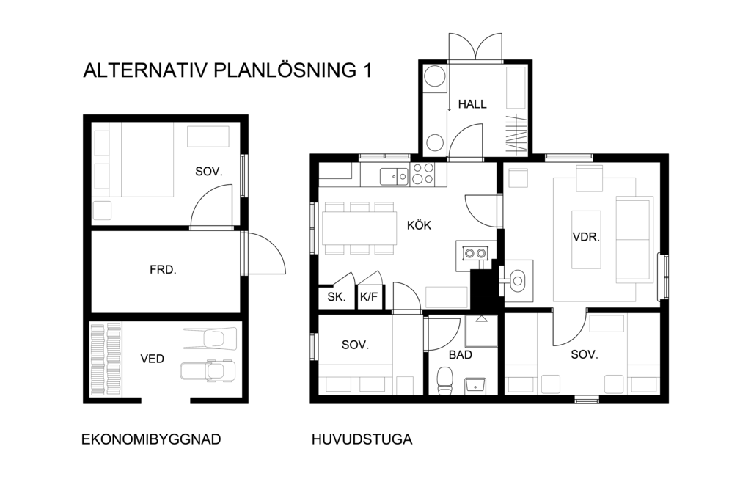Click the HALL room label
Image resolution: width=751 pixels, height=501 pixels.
click(x=472, y=104)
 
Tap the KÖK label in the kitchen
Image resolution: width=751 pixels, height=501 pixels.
click(x=419, y=224)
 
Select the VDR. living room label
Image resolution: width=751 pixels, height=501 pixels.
click(x=586, y=237)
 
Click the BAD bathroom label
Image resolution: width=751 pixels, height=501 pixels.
click(x=461, y=355)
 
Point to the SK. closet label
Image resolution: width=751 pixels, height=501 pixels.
click(x=337, y=297)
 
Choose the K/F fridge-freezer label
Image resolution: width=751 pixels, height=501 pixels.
click(x=369, y=297)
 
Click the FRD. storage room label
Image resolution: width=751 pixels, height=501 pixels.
click(x=163, y=270)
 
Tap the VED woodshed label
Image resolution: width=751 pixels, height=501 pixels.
click(x=153, y=359)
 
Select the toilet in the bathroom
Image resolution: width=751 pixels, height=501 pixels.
click(x=445, y=381)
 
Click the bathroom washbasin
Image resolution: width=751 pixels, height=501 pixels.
click(x=475, y=385)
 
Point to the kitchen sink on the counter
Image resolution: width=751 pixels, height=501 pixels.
click(x=394, y=177)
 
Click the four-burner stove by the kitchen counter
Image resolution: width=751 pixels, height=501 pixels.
click(x=422, y=174)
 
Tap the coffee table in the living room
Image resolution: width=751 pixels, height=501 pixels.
click(x=586, y=239)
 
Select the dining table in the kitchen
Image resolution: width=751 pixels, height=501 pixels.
click(x=359, y=228)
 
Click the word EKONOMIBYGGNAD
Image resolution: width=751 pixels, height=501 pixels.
click(x=151, y=439)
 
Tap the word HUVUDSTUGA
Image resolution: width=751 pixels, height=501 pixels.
click(x=362, y=439)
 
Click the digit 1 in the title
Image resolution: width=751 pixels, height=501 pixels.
click(x=367, y=70)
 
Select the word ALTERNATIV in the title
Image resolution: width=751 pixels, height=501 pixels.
click(x=146, y=70)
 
